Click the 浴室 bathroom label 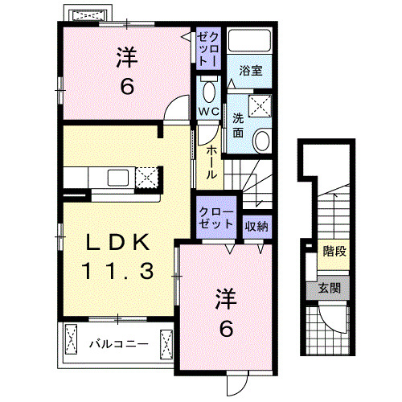point(251,71)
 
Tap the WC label point(207,110)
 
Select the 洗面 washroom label point(239,125)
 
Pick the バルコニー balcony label point(117,343)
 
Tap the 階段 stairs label point(335,252)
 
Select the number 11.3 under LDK point(115,272)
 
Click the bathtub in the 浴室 point(251,43)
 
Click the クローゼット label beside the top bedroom point(207,47)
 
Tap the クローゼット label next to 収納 point(215,215)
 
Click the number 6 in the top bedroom point(127,87)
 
